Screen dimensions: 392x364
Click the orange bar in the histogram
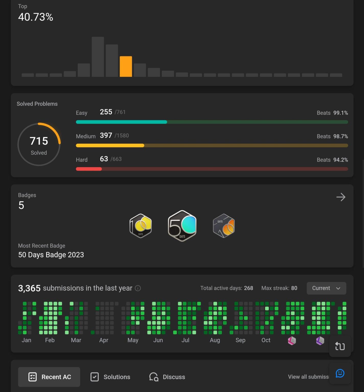coord(126,66)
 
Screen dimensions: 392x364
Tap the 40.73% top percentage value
coord(36,17)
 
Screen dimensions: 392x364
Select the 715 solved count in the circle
coord(39,141)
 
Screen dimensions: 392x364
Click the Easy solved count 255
coord(106,112)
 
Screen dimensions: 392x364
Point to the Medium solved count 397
coord(106,135)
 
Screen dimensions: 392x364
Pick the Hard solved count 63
coord(104,159)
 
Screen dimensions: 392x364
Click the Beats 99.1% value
coord(340,113)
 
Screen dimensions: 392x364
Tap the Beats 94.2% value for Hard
coord(340,160)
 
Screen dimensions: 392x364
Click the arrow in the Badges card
coord(341,197)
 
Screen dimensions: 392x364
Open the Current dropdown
coord(326,288)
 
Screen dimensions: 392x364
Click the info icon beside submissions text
coord(138,288)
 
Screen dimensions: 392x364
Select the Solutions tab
coord(110,377)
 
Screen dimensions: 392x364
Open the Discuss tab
coord(167,377)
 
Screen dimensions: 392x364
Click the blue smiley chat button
coord(340,373)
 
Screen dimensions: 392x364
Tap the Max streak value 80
coord(294,288)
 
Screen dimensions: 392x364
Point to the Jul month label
coord(185,340)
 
